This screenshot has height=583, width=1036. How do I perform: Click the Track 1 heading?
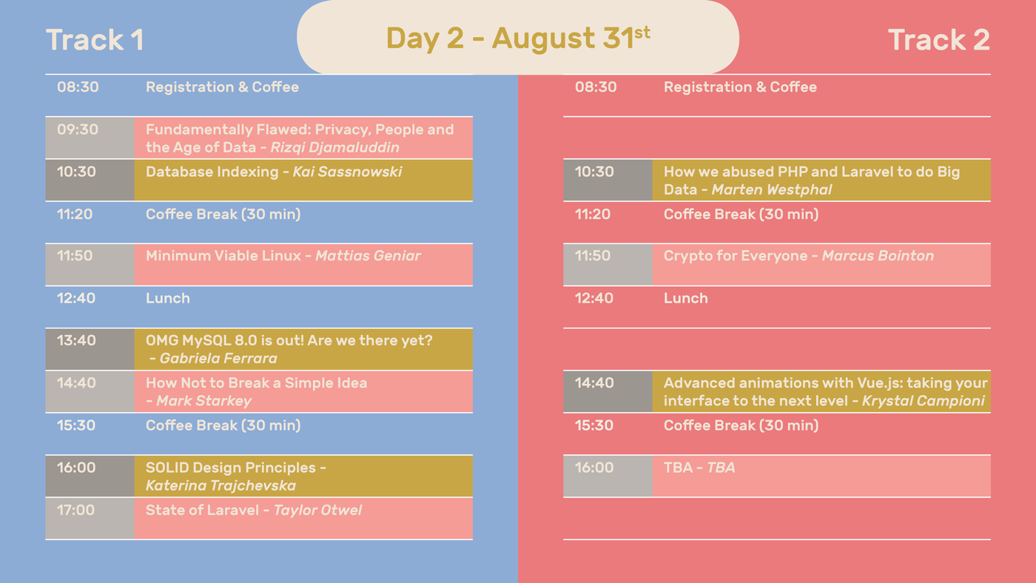95,40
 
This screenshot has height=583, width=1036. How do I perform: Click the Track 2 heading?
939,40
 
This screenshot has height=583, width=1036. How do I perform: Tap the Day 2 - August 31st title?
518,38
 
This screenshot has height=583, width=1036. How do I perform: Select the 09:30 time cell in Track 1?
90,138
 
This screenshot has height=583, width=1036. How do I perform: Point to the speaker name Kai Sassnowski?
347,172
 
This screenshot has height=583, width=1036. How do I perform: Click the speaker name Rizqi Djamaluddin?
334,147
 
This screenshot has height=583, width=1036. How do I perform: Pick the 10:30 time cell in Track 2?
608,180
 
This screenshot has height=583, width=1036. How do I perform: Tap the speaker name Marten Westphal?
771,189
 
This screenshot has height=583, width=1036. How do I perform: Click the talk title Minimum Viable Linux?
223,256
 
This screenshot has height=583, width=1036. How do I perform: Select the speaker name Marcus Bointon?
878,256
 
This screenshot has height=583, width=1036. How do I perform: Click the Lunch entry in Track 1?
167,298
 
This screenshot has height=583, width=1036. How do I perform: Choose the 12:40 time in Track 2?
593,298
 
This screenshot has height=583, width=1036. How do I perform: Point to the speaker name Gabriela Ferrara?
218,358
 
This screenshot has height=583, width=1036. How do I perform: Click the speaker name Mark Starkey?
204,401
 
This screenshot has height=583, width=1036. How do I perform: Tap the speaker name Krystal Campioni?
924,401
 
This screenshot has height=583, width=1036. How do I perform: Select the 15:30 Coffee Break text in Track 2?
741,425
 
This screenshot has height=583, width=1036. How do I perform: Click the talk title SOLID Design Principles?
231,468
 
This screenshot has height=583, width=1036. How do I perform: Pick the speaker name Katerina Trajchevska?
221,486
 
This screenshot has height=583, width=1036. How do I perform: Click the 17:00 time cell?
90,519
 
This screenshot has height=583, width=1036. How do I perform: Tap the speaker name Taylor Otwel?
317,510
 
